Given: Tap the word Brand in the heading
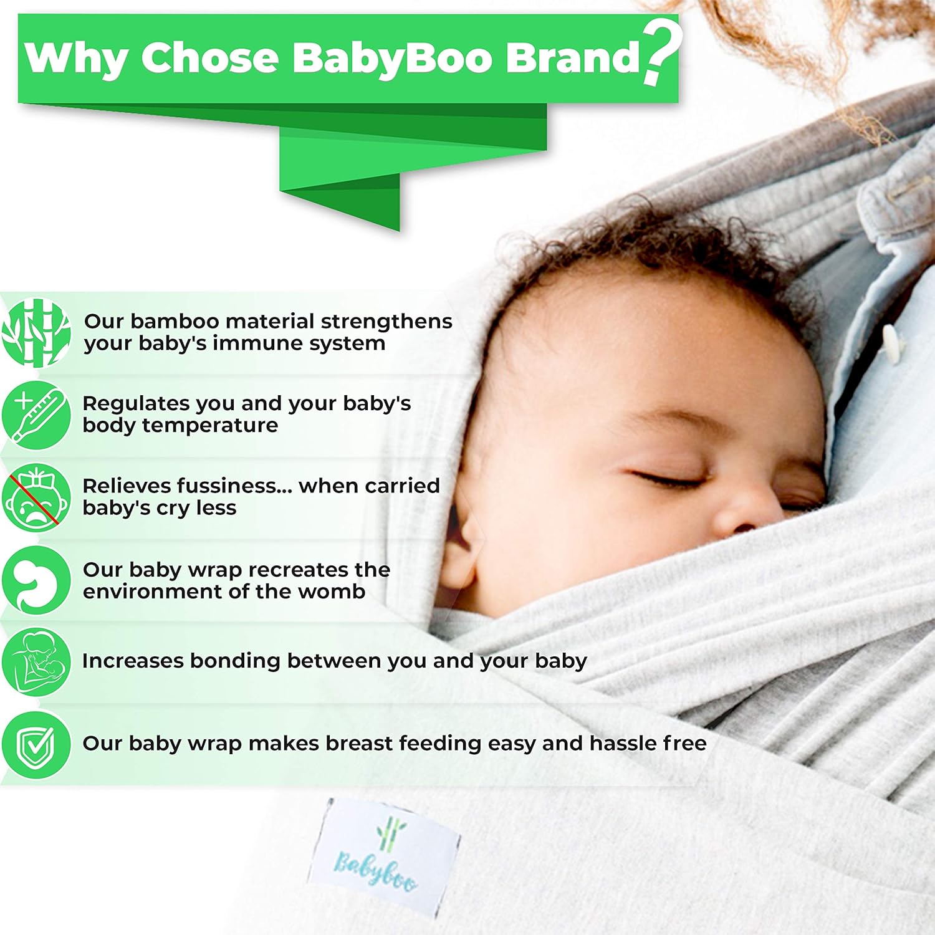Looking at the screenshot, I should click(x=572, y=57).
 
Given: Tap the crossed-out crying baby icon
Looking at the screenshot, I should click(x=36, y=497).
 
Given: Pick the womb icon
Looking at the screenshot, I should click(x=36, y=580).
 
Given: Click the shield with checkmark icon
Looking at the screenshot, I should click(x=36, y=744).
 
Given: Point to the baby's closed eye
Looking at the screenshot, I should click(x=670, y=479).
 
